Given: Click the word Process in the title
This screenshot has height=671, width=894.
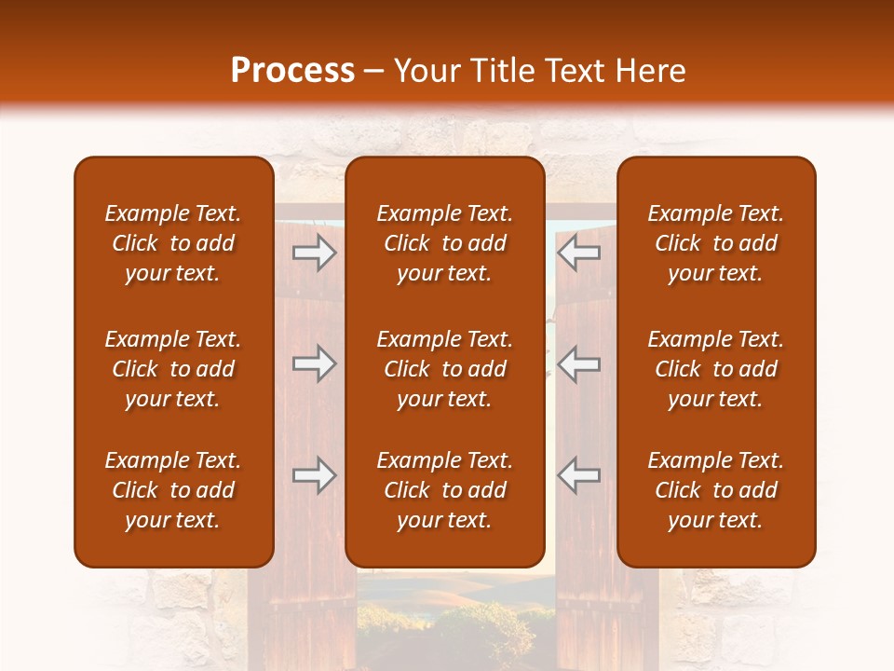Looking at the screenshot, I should (292, 71).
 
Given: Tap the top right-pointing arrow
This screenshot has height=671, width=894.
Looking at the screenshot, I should (315, 253).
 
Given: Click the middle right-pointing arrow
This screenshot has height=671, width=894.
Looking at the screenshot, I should (315, 364).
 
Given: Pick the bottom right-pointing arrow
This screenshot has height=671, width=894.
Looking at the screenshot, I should (315, 475).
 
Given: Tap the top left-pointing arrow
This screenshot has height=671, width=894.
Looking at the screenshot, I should (578, 253).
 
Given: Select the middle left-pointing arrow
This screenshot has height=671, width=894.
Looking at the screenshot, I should (578, 364).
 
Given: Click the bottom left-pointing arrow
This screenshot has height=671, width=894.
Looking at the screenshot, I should (578, 475).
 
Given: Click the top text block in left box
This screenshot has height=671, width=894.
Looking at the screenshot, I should (173, 243).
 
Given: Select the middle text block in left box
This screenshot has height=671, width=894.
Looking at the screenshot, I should (173, 369).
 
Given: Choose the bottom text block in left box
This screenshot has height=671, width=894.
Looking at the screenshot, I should (173, 490).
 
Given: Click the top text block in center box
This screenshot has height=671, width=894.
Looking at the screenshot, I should (445, 243).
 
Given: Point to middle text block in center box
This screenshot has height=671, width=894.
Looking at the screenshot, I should (445, 369).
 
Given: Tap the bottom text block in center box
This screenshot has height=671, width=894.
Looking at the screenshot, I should (445, 490).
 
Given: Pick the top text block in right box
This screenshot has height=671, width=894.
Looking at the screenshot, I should (716, 243).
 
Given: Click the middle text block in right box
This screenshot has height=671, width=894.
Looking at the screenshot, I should (716, 369).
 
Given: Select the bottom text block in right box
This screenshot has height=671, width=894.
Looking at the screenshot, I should (716, 490).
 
